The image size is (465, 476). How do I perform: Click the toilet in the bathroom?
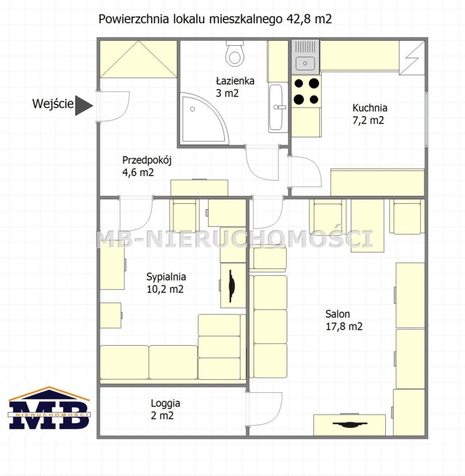pyautogui.click(x=235, y=54)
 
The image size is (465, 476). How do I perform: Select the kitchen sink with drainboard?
pyautogui.click(x=305, y=57)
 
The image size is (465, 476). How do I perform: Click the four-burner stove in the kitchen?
pyautogui.click(x=306, y=91)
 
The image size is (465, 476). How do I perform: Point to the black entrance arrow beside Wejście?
pyautogui.click(x=83, y=106)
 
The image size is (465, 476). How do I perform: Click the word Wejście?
pyautogui.click(x=53, y=104)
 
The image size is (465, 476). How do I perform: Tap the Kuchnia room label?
pyautogui.click(x=369, y=108)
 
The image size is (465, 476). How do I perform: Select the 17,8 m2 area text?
pyautogui.click(x=344, y=326)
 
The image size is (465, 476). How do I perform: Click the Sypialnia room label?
pyautogui.click(x=166, y=277)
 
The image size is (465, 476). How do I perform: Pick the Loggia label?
pyautogui.click(x=165, y=403)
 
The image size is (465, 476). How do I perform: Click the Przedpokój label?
pyautogui.click(x=147, y=160)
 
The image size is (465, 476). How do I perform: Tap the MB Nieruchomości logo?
pyautogui.click(x=49, y=408)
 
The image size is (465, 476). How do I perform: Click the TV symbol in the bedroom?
pyautogui.click(x=231, y=286)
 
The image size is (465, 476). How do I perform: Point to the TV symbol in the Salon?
pyautogui.click(x=350, y=424)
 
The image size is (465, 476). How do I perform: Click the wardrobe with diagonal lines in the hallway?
pyautogui.click(x=138, y=59)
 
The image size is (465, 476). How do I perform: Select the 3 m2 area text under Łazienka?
pyautogui.click(x=227, y=93)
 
